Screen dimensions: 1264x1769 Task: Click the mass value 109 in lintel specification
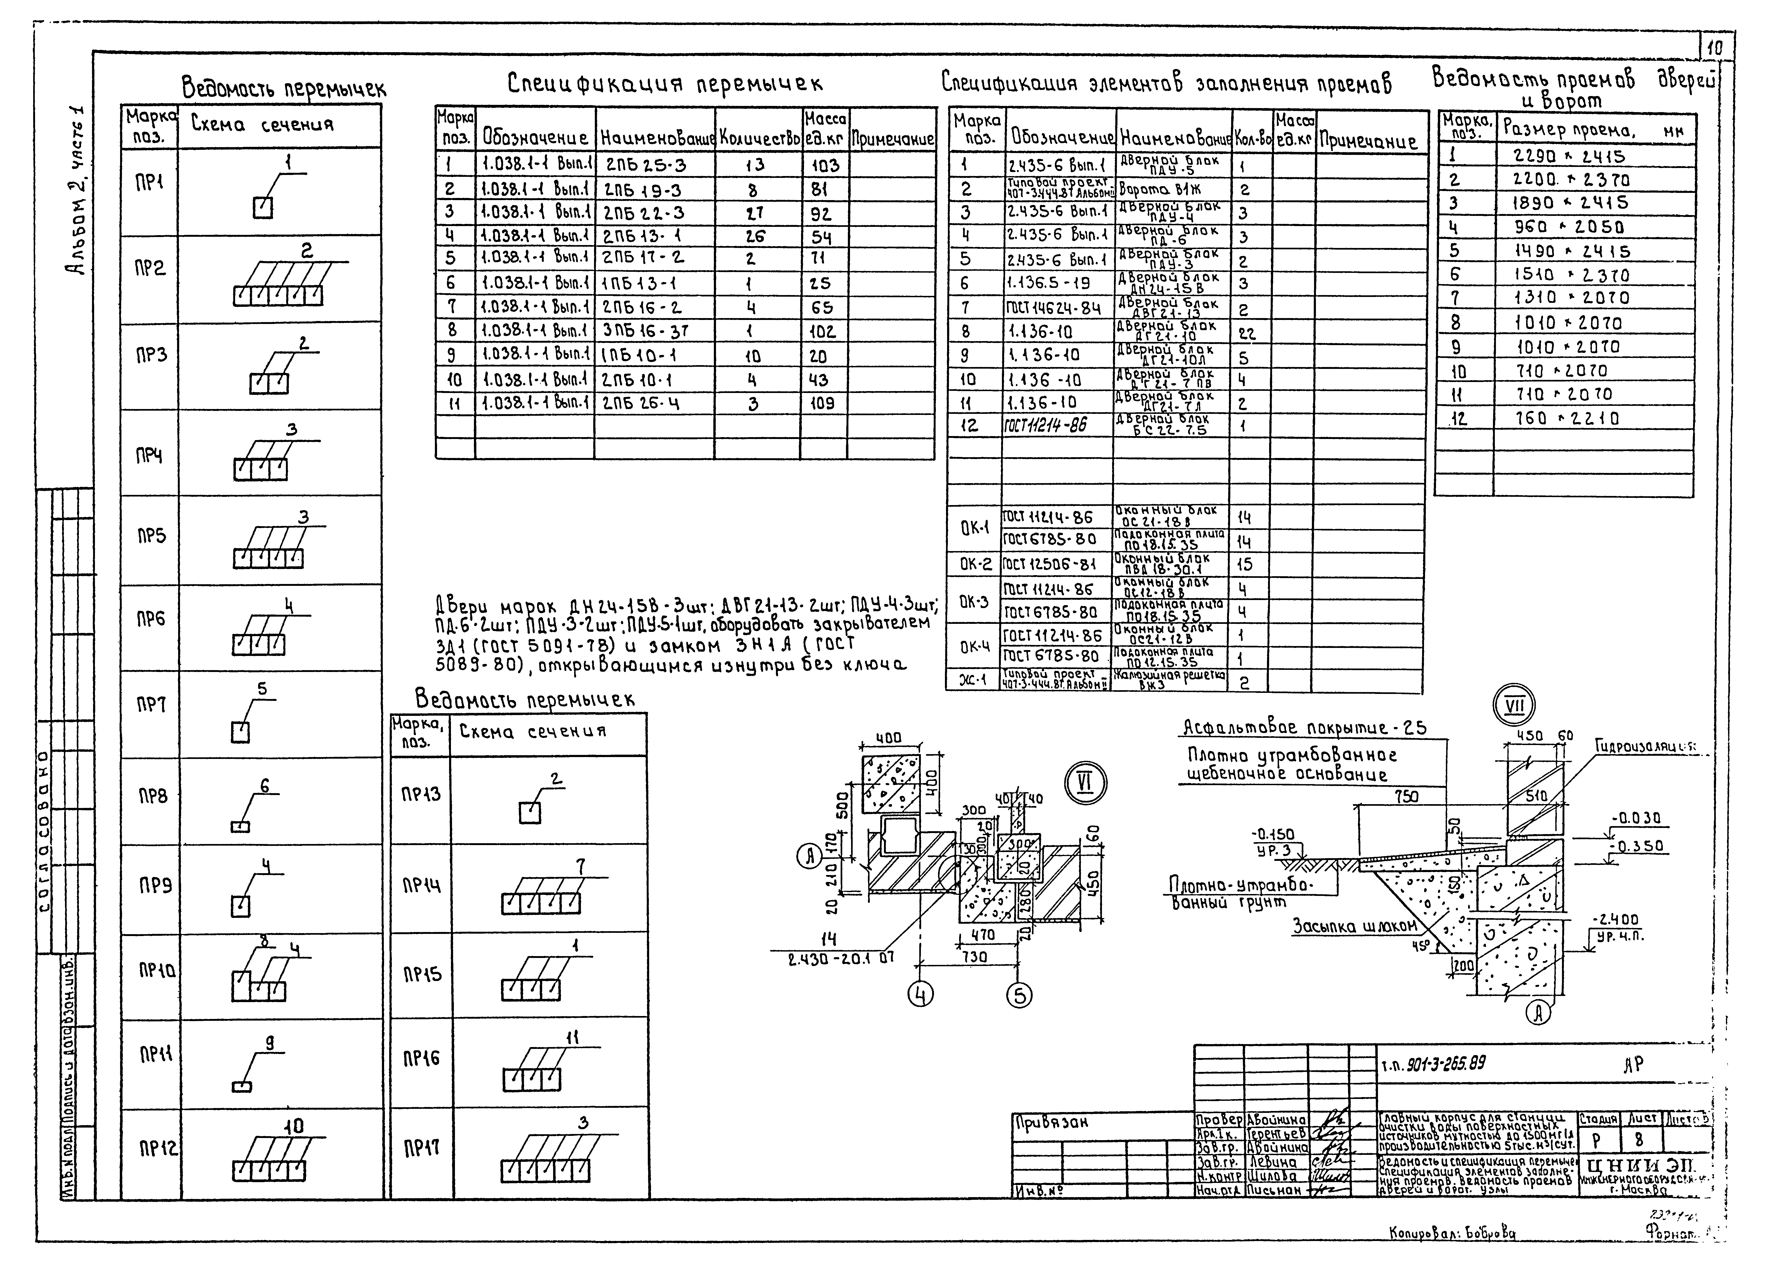[821, 403]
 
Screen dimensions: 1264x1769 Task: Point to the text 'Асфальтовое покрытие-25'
[1304, 728]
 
